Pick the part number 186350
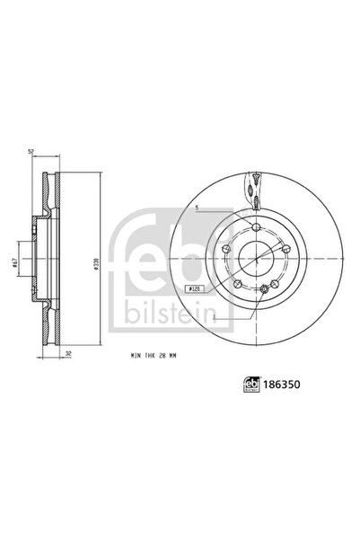click(282, 383)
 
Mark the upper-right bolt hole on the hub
click(288, 254)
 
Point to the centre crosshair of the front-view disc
click(257, 260)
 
